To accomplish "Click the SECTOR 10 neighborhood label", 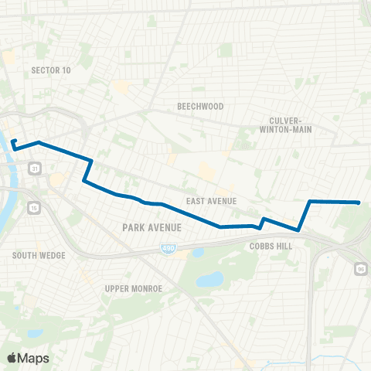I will tap(51, 70).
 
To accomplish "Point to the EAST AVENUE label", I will tap(211, 201).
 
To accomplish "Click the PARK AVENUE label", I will tap(151, 227).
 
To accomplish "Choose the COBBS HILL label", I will tap(268, 245).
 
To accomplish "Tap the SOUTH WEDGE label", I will tap(39, 255).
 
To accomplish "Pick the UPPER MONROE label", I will tap(133, 288).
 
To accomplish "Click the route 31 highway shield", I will tap(35, 168).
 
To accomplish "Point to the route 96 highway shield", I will tap(362, 268).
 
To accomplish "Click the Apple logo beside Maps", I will tap(12, 358).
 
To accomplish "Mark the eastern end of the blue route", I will tap(359, 203).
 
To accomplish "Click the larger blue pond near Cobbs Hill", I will tap(209, 279).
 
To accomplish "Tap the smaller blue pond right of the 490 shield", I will tap(197, 252).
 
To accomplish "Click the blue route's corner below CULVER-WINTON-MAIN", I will tap(310, 201).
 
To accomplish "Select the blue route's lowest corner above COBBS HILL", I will tap(298, 230).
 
